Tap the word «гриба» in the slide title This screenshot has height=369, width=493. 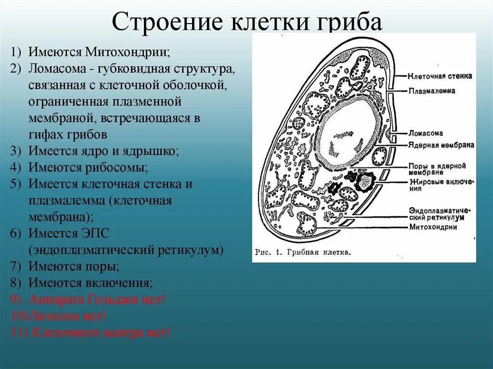tap(356, 23)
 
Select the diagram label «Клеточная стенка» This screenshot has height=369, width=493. tap(440, 76)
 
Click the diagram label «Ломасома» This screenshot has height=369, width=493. tap(426, 133)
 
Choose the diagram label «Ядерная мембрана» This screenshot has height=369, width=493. tap(441, 145)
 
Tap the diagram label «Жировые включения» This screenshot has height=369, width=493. tap(441, 185)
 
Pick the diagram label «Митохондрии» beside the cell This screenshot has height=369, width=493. tap(433, 227)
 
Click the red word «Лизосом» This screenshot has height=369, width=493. tap(52, 316)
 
